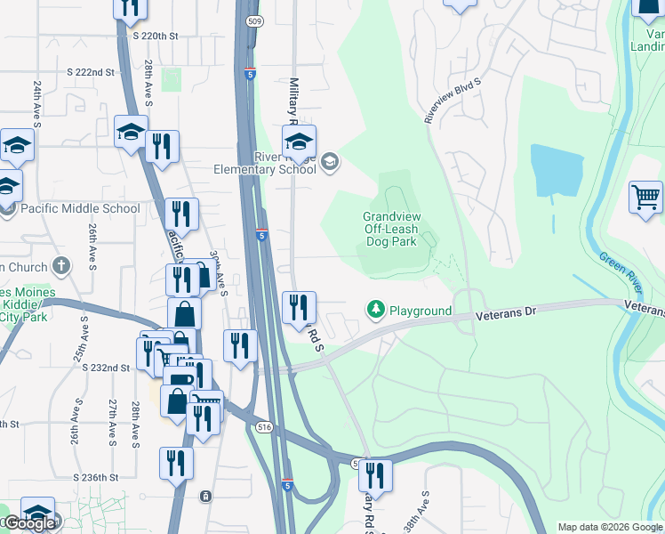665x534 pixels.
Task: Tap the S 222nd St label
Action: [x=92, y=71]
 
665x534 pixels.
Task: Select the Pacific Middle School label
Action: [x=81, y=208]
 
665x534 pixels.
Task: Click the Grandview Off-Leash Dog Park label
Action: [x=390, y=229]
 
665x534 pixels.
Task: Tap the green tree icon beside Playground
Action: [x=376, y=310]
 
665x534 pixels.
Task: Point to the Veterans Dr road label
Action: [x=507, y=314]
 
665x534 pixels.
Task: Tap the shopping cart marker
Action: [x=645, y=197]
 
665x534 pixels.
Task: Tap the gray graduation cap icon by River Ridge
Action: [x=330, y=161]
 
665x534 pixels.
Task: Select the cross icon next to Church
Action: [x=60, y=265]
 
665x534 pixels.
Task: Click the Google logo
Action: [x=29, y=524]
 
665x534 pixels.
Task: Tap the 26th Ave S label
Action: [x=92, y=247]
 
